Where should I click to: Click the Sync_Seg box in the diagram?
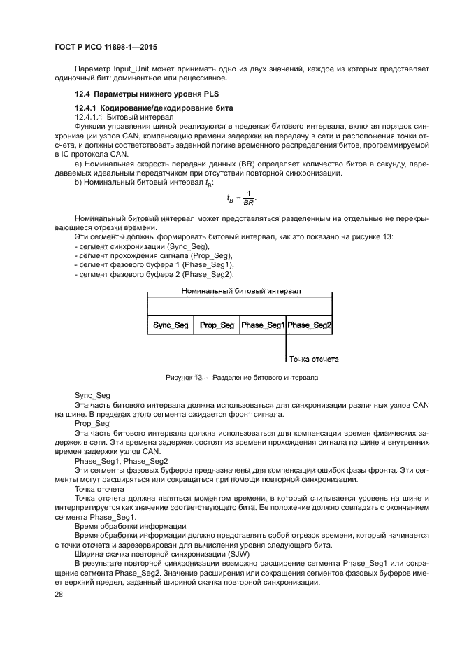[x=171, y=325]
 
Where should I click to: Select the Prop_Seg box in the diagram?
[x=217, y=325]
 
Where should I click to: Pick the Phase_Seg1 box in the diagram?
[x=262, y=325]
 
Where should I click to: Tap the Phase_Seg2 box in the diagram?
[x=309, y=325]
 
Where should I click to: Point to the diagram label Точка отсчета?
[x=315, y=359]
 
